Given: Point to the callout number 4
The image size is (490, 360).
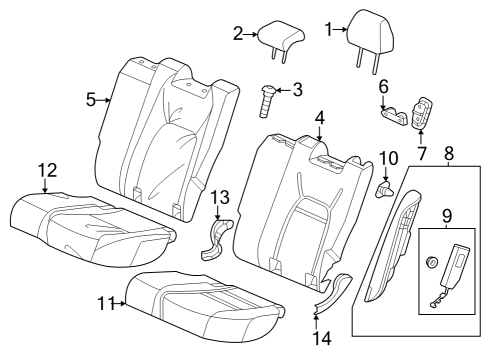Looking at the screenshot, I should (x=319, y=118).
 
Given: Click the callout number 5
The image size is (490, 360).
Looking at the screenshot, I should (x=90, y=99).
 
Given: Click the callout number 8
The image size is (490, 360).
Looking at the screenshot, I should (x=448, y=154).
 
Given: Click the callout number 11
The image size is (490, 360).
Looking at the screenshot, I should (x=107, y=302).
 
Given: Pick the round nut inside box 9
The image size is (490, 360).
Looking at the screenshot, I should (x=433, y=263).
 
